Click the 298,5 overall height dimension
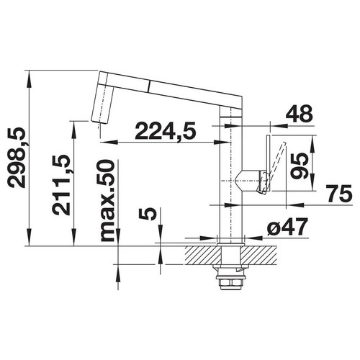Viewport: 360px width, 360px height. click(x=17, y=158)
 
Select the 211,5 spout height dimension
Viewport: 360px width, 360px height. click(x=61, y=184)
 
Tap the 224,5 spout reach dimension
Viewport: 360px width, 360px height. click(x=166, y=131)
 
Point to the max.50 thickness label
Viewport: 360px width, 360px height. click(x=107, y=200)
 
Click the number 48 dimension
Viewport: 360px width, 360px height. click(x=300, y=114)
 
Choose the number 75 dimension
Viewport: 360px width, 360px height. click(x=338, y=193)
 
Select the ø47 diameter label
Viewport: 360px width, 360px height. click(x=287, y=227)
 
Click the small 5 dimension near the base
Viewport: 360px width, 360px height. click(x=148, y=214)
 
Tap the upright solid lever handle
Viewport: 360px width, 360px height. click(x=269, y=163)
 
